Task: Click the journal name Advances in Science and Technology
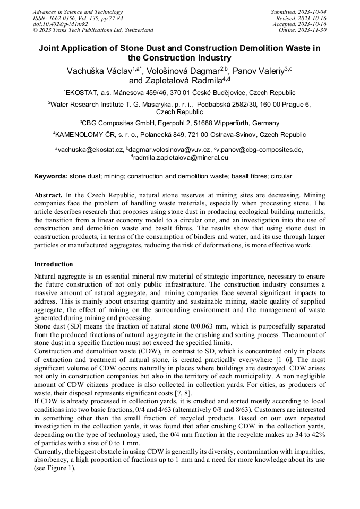pos(78,12)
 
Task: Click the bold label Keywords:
pos(51,176)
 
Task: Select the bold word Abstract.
pos(48,195)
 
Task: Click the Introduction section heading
pos(54,264)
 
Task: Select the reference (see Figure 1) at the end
pos(55,469)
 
